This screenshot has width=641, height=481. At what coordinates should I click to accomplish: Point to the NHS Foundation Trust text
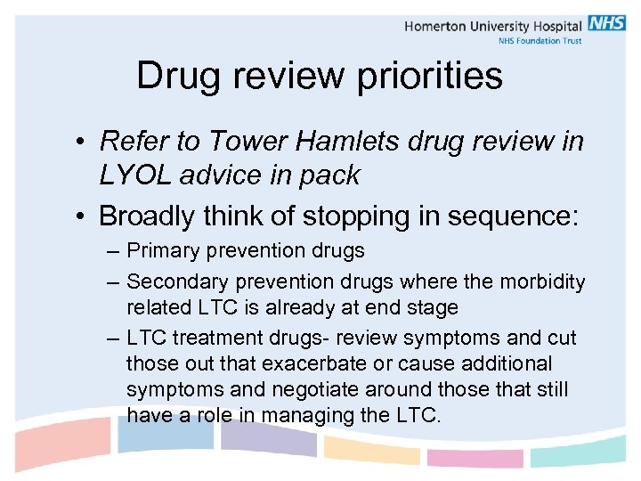(x=539, y=40)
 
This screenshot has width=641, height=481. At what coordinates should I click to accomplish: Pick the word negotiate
(x=332, y=389)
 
